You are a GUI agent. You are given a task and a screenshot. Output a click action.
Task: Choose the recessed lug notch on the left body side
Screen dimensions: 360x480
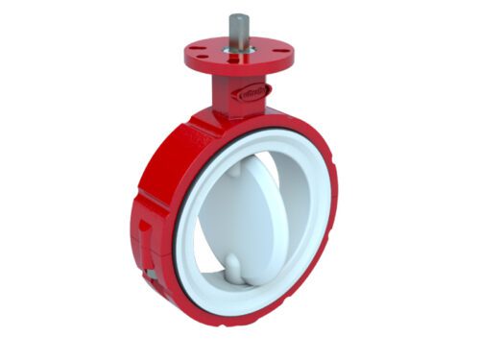coord(144,230)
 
